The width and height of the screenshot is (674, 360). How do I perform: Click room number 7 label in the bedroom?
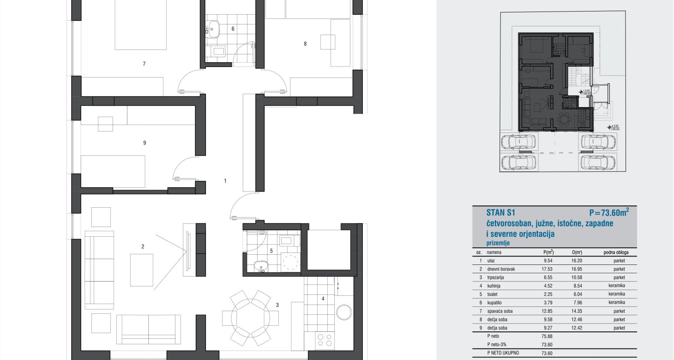pyautogui.click(x=144, y=64)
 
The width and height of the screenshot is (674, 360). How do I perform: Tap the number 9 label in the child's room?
pyautogui.click(x=145, y=143)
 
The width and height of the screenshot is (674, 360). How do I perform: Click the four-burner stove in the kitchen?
pyautogui.click(x=325, y=341)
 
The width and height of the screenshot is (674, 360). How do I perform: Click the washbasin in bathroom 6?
pyautogui.click(x=212, y=29)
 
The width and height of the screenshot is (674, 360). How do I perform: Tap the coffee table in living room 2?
pyautogui.click(x=141, y=270)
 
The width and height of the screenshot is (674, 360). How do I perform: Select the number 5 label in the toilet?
pyautogui.click(x=271, y=251)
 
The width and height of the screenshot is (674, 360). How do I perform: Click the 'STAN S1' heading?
pyautogui.click(x=501, y=213)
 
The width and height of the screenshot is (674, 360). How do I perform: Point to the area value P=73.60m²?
pyautogui.click(x=609, y=212)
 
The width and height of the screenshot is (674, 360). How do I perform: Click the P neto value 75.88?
pyautogui.click(x=547, y=336)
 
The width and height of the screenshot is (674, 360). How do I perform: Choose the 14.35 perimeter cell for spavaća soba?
pyautogui.click(x=577, y=311)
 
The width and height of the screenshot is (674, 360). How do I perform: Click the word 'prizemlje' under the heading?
pyautogui.click(x=498, y=243)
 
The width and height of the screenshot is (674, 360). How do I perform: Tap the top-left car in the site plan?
pyautogui.click(x=518, y=142)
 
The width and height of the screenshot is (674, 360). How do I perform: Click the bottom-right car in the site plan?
pyautogui.click(x=598, y=163)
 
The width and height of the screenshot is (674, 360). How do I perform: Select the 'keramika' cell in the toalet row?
pyautogui.click(x=617, y=294)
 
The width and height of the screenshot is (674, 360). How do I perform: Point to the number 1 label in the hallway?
pyautogui.click(x=225, y=181)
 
